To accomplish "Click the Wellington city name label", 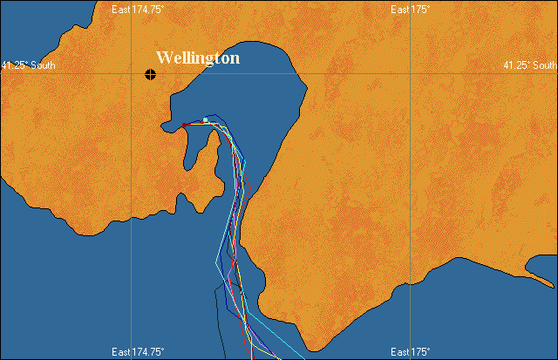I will click(x=197, y=58).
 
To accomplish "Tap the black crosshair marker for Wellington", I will click(x=151, y=74).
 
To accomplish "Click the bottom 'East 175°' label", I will click(x=410, y=352).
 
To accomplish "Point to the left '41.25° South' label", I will click(x=27, y=65).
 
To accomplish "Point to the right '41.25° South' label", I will click(x=530, y=65).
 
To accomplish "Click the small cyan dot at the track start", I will click(x=205, y=119).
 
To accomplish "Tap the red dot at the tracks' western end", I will click(x=185, y=125).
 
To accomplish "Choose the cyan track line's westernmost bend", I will click(x=216, y=261).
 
